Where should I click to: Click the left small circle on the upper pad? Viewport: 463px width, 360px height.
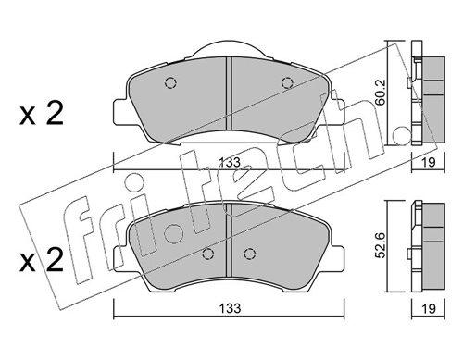click(x=170, y=81)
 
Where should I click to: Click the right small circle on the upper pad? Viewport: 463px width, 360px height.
click(x=286, y=81)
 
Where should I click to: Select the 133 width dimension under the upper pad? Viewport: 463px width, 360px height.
click(x=229, y=162)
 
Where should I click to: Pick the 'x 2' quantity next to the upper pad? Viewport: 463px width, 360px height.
click(x=41, y=116)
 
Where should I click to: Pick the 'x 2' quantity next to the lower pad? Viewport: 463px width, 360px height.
click(x=41, y=263)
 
